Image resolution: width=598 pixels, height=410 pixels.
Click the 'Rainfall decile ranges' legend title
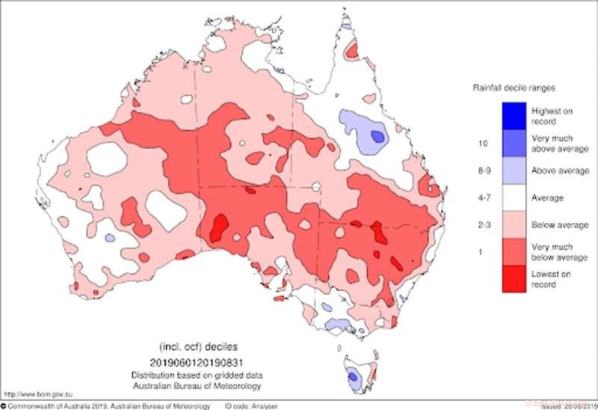512,88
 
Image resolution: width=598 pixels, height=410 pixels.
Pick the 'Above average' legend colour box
515,171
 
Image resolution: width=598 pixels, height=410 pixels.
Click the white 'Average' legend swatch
515,198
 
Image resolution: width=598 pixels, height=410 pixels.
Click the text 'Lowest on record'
552,279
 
